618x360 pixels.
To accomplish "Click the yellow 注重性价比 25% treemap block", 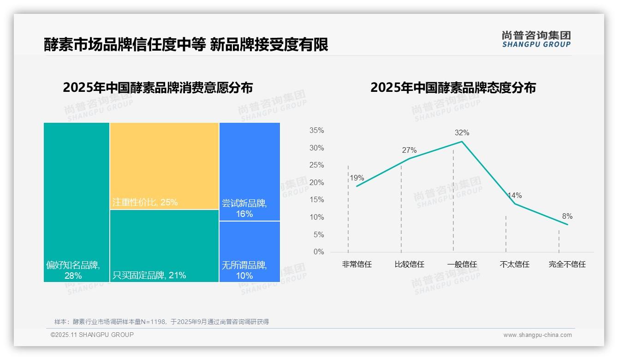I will coord(164,166).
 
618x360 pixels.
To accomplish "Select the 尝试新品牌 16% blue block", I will coord(250,172).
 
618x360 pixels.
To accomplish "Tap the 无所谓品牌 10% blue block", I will coord(250,252).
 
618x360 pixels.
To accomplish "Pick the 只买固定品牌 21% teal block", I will coord(164,246).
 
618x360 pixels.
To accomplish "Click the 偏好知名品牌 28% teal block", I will coord(77,202).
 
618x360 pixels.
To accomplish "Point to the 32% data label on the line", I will coord(462,133).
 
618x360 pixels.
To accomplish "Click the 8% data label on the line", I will coord(567,216).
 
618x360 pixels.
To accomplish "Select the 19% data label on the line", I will coord(357,178).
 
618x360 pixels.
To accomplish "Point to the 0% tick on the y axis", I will coord(319,252).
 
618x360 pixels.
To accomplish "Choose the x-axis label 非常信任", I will coord(357,264).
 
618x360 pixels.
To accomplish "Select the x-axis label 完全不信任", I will coord(567,264).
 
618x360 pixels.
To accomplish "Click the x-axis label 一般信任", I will coord(462,264).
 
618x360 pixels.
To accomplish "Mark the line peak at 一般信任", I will coord(462,141).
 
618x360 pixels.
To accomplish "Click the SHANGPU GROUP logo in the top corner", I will coord(536,39).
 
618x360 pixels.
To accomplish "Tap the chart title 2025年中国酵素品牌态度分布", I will coord(453,88).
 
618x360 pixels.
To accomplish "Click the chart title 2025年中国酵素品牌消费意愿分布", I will coord(158,88).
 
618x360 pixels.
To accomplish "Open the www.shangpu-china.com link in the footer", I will coord(537,335).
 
